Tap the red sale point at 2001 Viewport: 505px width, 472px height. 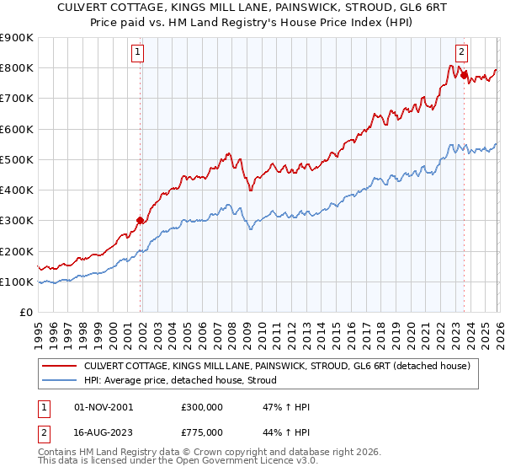tap(140, 221)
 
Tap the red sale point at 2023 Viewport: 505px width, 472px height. tap(464, 75)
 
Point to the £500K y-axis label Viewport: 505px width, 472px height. tap(17, 159)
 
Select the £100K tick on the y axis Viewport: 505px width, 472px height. tap(17, 282)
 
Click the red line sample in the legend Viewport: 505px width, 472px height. tap(60, 367)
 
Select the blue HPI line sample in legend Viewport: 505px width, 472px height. tap(60, 381)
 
